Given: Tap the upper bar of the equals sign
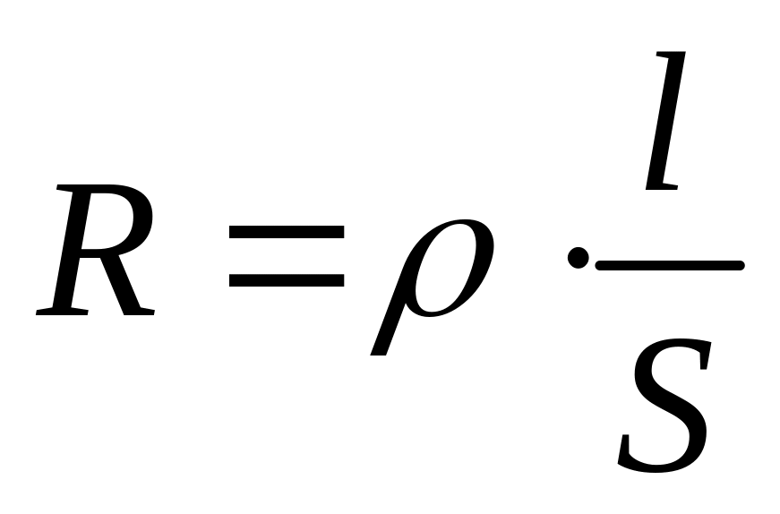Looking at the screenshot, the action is (286, 232).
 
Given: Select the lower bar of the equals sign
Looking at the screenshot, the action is (286, 280).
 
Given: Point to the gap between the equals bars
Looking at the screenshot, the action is (286, 256).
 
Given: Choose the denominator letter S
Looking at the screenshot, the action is (665, 407).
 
